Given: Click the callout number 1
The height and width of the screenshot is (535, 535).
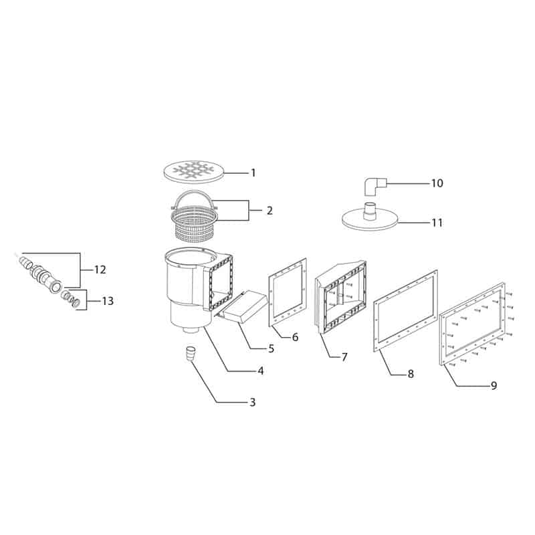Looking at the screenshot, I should click(x=253, y=173).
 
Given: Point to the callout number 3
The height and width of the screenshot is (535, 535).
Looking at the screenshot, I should click(x=252, y=403).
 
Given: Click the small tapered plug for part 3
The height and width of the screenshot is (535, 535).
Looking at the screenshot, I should click(x=190, y=352).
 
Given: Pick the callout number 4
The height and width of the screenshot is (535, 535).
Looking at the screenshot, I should click(x=261, y=370).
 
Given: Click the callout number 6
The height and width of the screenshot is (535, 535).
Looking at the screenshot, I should click(x=294, y=336).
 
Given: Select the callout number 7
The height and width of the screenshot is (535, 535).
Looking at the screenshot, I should click(x=344, y=357).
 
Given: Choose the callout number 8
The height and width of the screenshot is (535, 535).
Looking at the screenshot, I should click(x=411, y=374).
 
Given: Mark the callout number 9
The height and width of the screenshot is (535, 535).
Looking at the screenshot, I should click(x=494, y=385).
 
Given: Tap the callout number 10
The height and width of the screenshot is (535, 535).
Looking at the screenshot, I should click(x=437, y=183).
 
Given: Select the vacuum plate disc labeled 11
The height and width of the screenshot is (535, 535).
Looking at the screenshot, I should click(x=370, y=219).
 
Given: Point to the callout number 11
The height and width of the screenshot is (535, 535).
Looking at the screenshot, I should click(x=437, y=223).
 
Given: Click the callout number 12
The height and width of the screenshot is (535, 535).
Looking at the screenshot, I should click(x=100, y=270).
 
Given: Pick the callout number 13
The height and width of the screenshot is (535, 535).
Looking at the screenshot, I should click(x=108, y=302).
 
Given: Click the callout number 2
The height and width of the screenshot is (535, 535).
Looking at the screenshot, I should click(x=269, y=211).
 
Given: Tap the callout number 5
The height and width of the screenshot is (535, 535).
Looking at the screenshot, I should click(x=271, y=348).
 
